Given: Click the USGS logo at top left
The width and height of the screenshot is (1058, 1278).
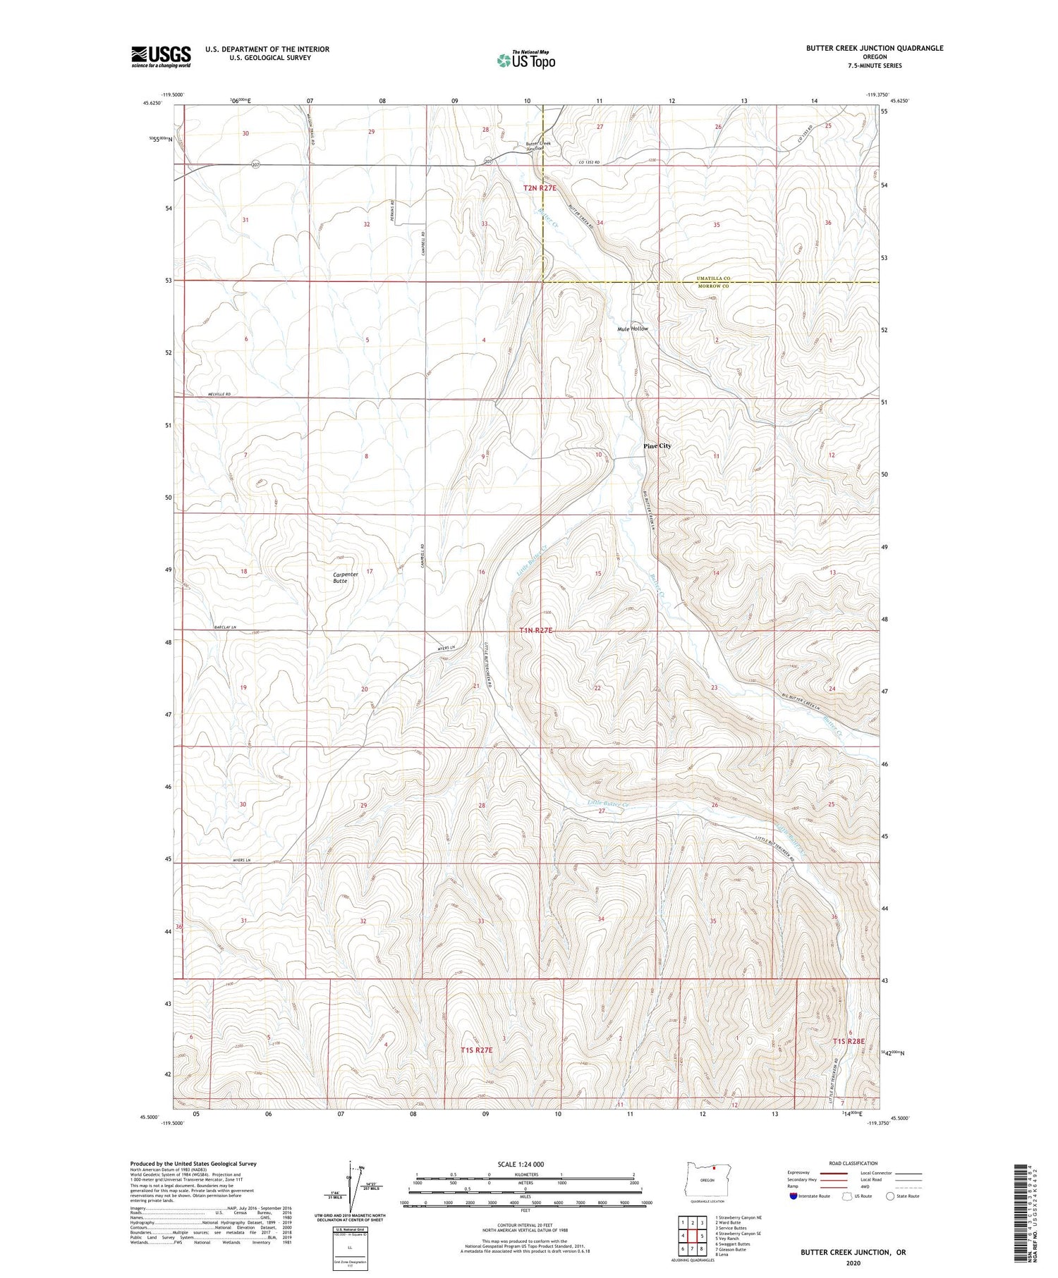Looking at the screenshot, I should (161, 56).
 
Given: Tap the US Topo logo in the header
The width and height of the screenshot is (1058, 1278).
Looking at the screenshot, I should (525, 60).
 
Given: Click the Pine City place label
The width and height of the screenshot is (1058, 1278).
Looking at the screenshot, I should (657, 446).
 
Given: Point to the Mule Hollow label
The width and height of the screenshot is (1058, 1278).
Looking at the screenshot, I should (632, 329).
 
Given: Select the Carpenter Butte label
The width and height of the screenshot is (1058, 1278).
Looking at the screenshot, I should (346, 577).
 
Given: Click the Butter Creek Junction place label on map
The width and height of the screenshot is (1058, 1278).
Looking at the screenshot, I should (538, 146).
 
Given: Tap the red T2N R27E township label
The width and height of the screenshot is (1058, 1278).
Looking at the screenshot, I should (540, 188).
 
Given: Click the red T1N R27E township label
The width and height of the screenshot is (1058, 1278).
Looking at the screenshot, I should (535, 631).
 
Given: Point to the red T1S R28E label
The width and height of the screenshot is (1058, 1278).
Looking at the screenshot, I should (848, 1041).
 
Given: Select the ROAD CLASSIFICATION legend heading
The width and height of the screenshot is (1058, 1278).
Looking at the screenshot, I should (853, 1163).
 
